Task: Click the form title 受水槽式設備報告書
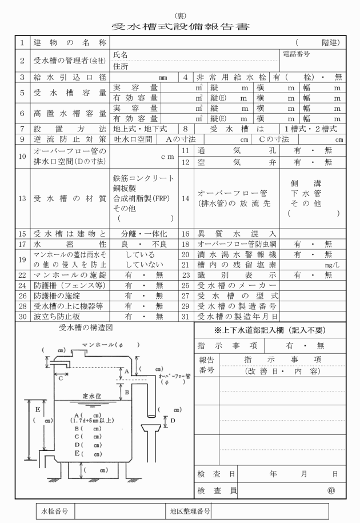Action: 180,26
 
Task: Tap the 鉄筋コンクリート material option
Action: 144,178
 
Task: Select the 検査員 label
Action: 217,490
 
